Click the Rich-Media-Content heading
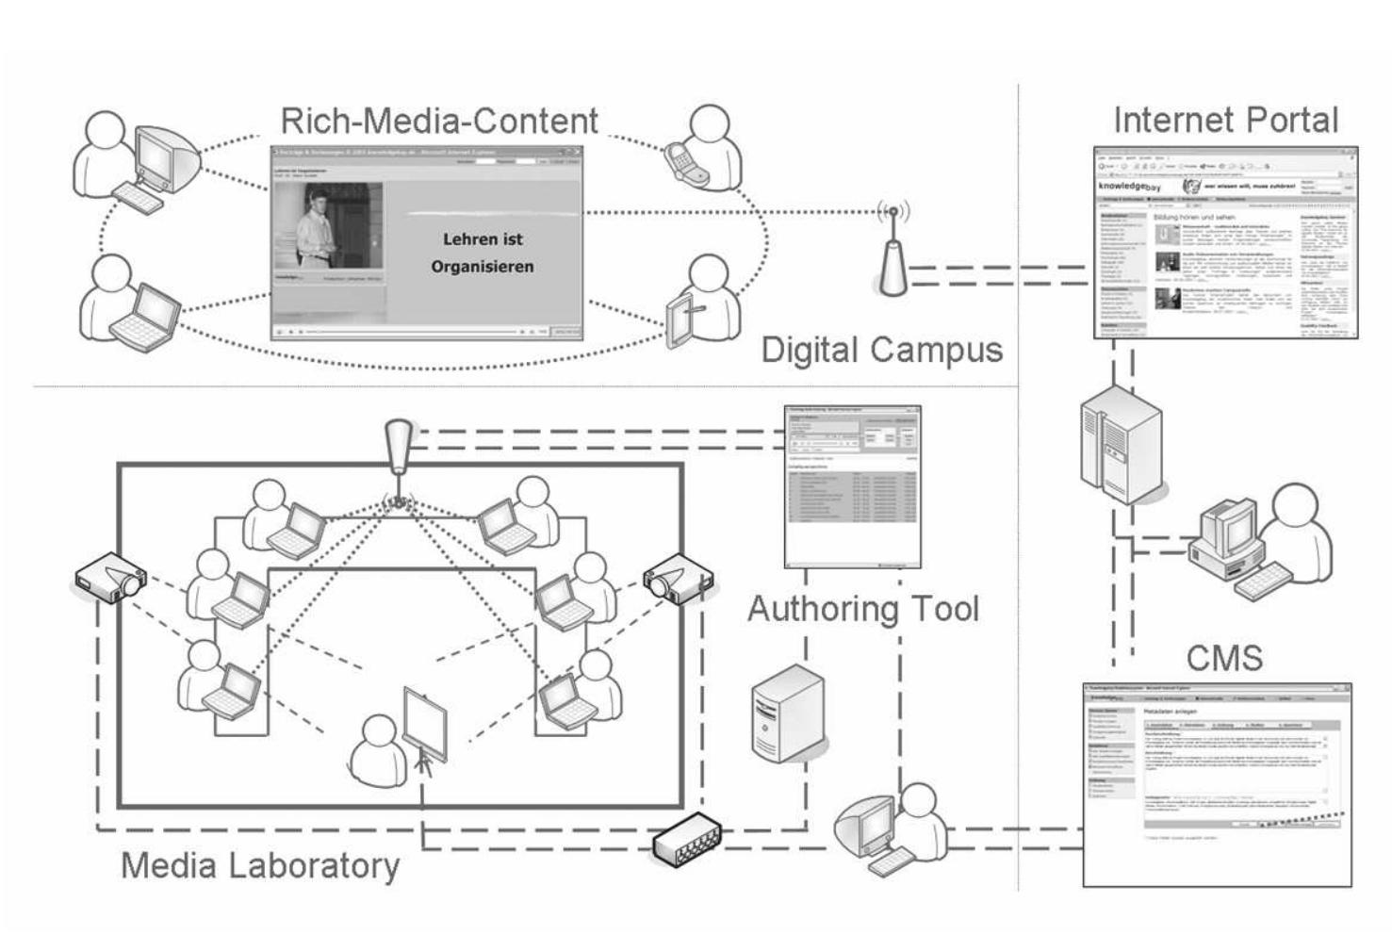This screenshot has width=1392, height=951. tap(439, 121)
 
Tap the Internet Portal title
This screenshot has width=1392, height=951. tap(1225, 121)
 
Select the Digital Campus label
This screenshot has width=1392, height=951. tap(881, 351)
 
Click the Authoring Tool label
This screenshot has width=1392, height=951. tap(863, 609)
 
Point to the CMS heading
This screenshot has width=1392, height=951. tap(1224, 657)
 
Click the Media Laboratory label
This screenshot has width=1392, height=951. tap(260, 865)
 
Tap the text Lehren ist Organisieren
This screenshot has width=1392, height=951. tap(483, 253)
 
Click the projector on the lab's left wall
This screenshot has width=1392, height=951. tap(110, 577)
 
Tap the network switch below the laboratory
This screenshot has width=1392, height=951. tap(686, 839)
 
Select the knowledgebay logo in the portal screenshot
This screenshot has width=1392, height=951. tap(1131, 188)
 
